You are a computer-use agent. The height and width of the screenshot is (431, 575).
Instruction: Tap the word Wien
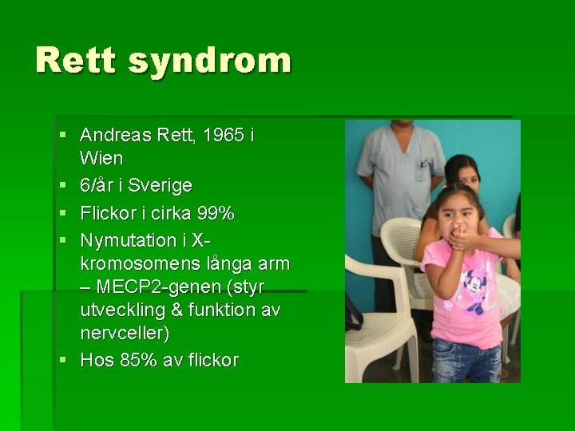[x=101, y=158]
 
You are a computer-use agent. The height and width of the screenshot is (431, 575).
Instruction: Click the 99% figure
[x=216, y=213]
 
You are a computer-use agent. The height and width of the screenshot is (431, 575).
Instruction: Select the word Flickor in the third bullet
[x=109, y=213]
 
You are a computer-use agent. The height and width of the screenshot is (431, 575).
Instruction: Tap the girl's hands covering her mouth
[x=463, y=235]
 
